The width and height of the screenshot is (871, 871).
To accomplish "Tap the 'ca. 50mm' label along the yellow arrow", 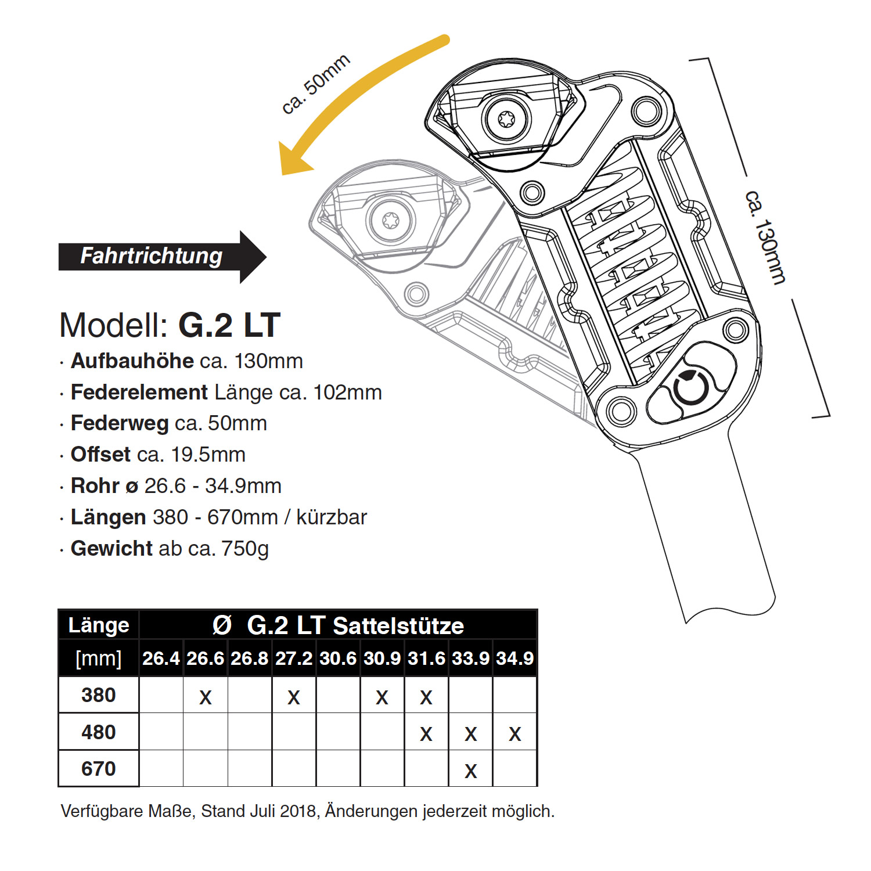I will click(x=316, y=85).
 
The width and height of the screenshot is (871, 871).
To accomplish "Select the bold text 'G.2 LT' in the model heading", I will click(x=229, y=325).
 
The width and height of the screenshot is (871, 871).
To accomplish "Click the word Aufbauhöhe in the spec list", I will click(x=132, y=361).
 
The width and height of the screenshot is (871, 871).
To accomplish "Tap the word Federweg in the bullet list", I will click(x=119, y=423).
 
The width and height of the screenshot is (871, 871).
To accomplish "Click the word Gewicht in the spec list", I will click(x=111, y=548).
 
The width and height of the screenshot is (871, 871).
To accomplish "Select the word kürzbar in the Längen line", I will click(x=332, y=517).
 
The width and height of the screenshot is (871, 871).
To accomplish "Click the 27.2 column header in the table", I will click(x=294, y=658).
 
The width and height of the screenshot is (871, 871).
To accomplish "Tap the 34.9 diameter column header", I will click(x=514, y=658).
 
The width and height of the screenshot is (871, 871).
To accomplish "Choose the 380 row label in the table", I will click(x=99, y=695).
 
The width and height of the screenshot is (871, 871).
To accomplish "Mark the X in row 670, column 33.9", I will click(x=471, y=771).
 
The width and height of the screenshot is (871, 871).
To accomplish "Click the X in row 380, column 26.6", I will click(x=206, y=697).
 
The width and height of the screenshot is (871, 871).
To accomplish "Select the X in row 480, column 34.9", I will click(x=514, y=735).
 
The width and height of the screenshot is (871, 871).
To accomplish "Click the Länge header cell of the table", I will click(x=99, y=625).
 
